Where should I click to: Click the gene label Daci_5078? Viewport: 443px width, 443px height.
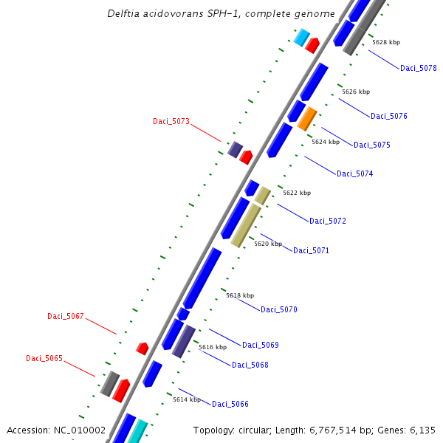coord(418,69)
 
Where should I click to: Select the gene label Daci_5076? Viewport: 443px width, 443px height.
coord(388,117)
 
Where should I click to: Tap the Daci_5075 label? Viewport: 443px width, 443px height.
coord(371,145)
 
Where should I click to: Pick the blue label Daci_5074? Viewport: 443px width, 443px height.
coord(354,174)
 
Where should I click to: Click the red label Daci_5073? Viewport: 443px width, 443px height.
coord(171,122)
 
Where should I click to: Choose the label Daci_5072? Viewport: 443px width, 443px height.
coord(327,221)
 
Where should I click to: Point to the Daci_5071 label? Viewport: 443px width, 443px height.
coord(311,251)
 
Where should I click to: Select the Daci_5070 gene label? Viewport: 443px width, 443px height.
coord(278,310)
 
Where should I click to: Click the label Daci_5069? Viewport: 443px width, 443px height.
coord(260,346)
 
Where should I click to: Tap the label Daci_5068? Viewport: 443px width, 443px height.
coord(250,365)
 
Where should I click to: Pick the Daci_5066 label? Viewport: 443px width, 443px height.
coord(230,405)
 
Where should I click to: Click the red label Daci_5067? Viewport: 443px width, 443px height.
coord(66,317)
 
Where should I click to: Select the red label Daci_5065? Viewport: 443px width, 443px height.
coord(44,359)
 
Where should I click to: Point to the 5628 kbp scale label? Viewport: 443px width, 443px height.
coord(386,43)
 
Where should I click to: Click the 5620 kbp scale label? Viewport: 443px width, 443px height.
coord(268,244)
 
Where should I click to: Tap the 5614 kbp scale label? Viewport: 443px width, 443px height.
coord(187,399)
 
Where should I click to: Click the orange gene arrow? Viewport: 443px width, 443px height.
coord(307,118)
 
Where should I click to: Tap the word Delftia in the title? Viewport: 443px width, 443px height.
coord(122,14)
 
